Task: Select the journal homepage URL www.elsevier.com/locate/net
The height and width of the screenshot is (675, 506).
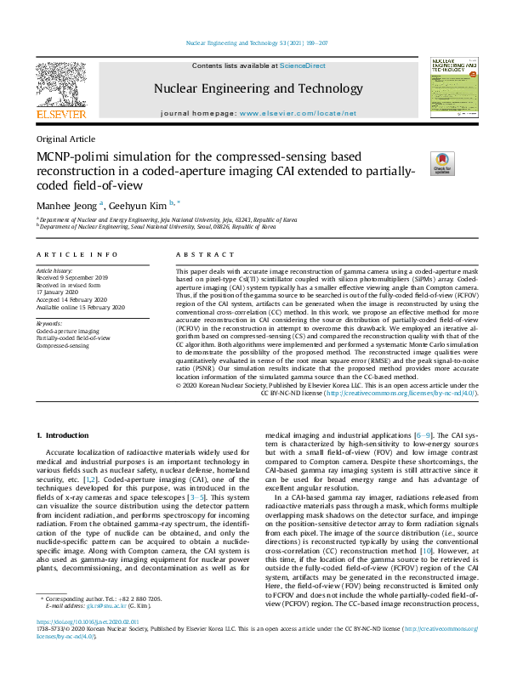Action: point(298,113)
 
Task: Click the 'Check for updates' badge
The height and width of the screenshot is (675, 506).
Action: point(442,162)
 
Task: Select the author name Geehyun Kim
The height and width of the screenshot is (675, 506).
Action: point(139,204)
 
